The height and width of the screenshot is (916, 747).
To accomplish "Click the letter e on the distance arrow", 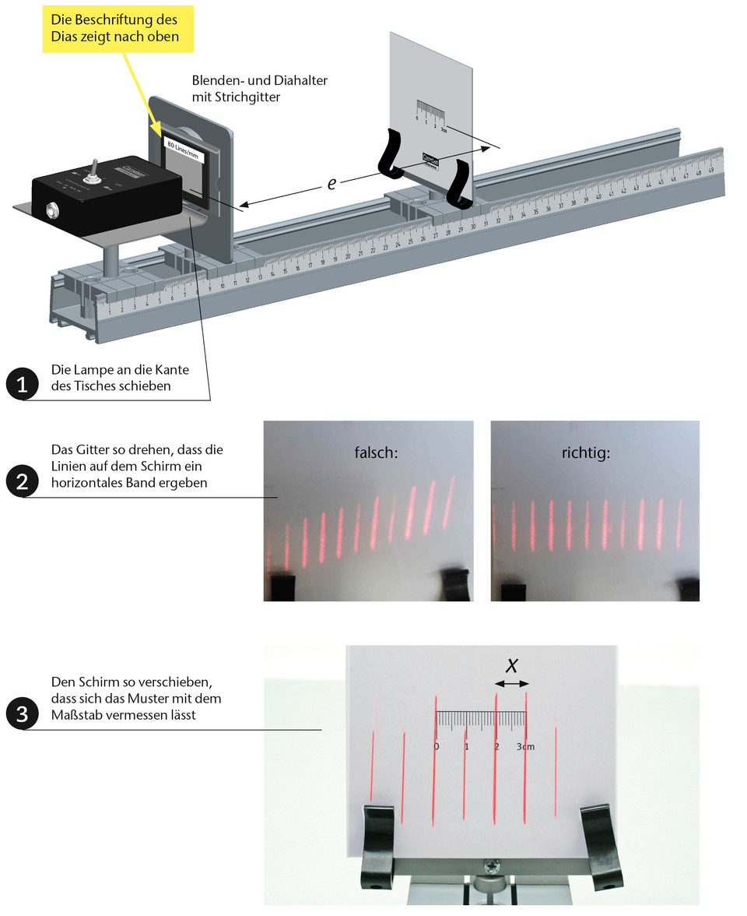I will coord(331,184).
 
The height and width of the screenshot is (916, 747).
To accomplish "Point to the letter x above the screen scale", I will coord(512,664).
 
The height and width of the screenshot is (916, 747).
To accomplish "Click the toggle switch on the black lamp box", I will coord(91,169).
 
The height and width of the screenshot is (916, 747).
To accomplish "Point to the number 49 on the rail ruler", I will coord(711,169).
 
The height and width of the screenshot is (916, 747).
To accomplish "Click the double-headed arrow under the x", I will coord(512,683).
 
